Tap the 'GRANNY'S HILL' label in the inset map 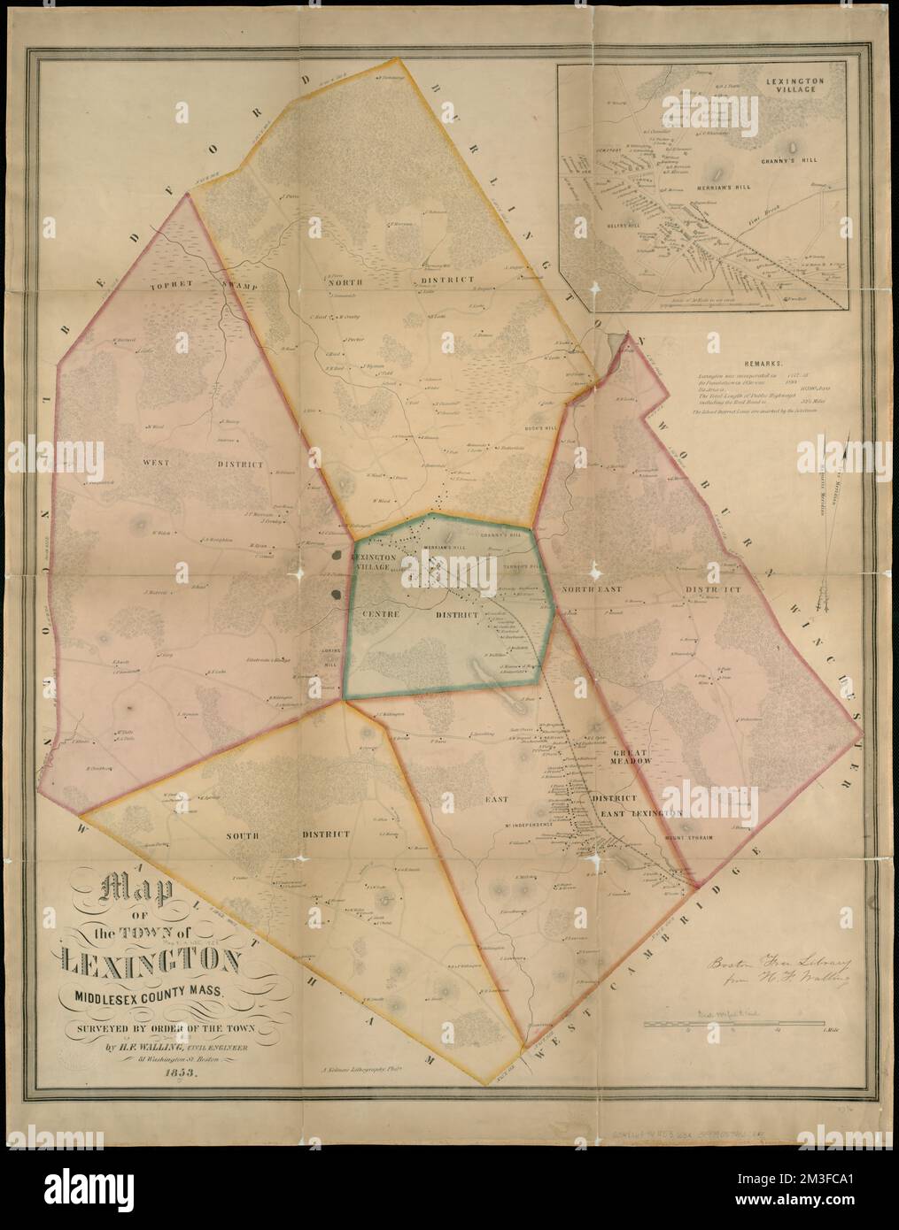(x=792, y=164)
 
